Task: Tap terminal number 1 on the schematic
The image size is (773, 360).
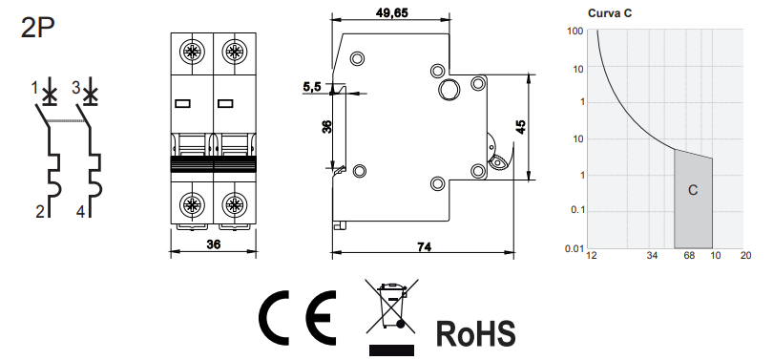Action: pyautogui.click(x=34, y=88)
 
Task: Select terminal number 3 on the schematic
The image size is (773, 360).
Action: pyautogui.click(x=75, y=88)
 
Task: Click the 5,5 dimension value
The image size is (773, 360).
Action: pyautogui.click(x=311, y=87)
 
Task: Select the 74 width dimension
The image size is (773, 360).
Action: pyautogui.click(x=426, y=245)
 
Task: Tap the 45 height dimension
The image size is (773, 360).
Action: pyautogui.click(x=521, y=127)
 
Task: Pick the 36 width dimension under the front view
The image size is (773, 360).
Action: pyautogui.click(x=214, y=245)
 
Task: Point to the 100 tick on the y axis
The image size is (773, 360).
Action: pyautogui.click(x=575, y=32)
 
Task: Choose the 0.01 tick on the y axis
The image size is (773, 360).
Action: pyautogui.click(x=573, y=249)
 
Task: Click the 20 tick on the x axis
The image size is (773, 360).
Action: pyautogui.click(x=746, y=257)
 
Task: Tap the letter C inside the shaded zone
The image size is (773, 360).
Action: pyautogui.click(x=693, y=191)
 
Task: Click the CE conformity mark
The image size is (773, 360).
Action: pyautogui.click(x=296, y=318)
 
